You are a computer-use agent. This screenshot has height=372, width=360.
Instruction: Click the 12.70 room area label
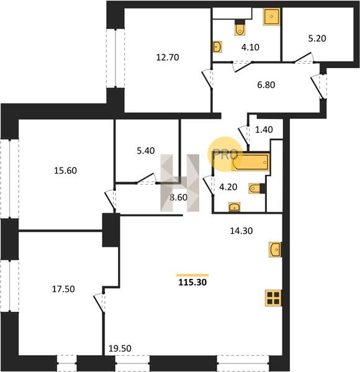click(x=168, y=58)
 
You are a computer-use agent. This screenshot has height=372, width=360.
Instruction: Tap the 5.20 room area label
click(x=317, y=38)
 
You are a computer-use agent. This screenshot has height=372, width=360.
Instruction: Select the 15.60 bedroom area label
click(x=65, y=170)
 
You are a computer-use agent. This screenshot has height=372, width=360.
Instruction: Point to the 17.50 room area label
click(x=63, y=289)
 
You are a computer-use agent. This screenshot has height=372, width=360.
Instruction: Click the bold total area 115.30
click(x=192, y=282)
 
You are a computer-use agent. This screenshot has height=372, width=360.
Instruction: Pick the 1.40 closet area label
click(x=264, y=130)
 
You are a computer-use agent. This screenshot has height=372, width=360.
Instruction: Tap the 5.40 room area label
click(x=146, y=151)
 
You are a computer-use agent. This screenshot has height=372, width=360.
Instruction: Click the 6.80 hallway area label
click(x=266, y=85)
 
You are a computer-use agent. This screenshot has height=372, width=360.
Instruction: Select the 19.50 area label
click(x=120, y=348)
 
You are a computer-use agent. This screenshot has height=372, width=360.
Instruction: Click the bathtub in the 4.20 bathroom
click(x=251, y=162)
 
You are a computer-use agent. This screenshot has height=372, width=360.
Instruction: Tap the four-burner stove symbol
click(x=273, y=298)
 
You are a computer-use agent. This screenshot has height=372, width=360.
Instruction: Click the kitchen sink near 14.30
click(x=275, y=249)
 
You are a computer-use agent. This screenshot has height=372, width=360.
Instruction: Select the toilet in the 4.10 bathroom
click(x=240, y=28)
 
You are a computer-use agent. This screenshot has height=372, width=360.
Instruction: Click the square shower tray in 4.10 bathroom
click(x=272, y=16)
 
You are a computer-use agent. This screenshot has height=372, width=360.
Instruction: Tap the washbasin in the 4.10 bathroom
click(x=217, y=47)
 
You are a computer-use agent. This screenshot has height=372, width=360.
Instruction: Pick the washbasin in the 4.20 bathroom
click(x=235, y=207)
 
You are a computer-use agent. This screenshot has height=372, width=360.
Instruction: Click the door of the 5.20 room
click(x=304, y=58)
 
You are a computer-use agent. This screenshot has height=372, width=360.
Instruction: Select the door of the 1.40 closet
click(x=244, y=135)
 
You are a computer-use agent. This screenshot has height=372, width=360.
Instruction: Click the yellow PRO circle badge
click(x=225, y=154)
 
